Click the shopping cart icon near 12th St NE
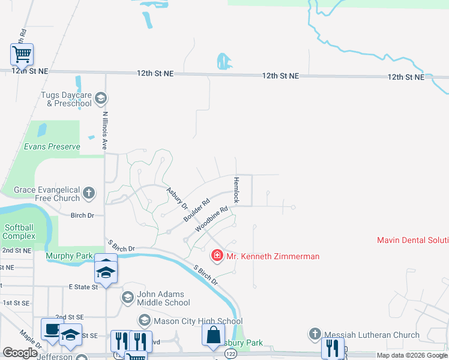(22, 55)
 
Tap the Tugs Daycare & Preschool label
(66, 99)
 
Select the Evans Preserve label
(52, 146)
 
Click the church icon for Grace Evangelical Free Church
(89, 193)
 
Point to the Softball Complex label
(19, 232)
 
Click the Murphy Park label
(69, 256)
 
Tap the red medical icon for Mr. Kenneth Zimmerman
(217, 256)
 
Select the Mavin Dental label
(412, 240)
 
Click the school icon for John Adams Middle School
(127, 297)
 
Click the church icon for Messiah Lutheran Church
(316, 334)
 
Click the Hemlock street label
(237, 190)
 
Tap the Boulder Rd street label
(196, 209)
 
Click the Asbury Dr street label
(177, 197)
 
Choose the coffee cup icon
(52, 329)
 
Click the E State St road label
(83, 287)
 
